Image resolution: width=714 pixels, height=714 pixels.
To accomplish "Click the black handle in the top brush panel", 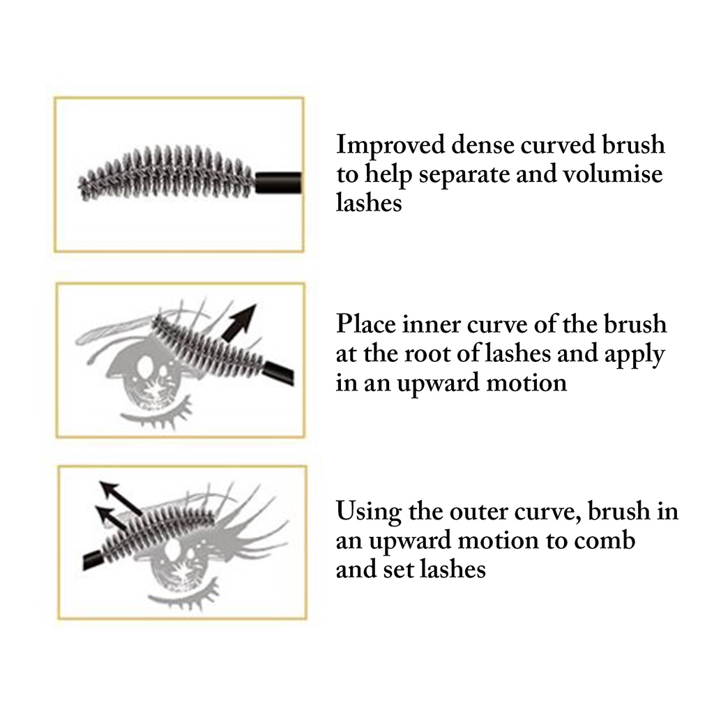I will coord(278,181).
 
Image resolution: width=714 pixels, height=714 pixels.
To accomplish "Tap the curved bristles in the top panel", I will coord(167,173).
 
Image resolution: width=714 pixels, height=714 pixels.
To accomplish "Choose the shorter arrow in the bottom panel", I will coord(110,517).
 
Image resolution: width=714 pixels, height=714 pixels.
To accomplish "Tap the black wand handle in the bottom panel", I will coord(93,559).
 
